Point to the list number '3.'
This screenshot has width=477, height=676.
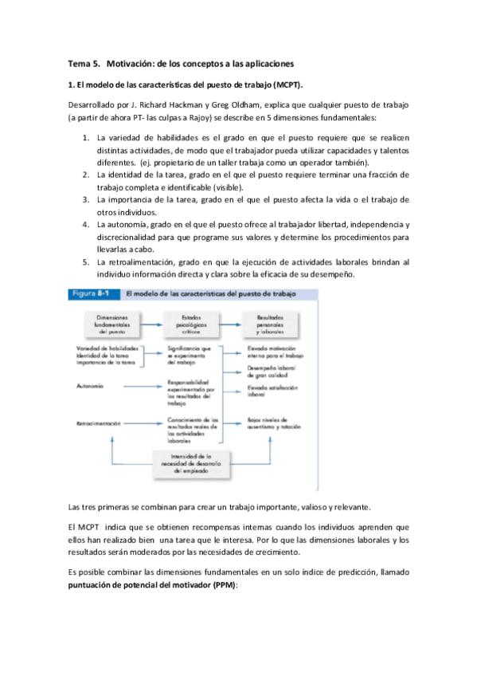[x=87, y=198]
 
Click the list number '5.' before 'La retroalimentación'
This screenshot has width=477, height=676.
[x=87, y=261]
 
